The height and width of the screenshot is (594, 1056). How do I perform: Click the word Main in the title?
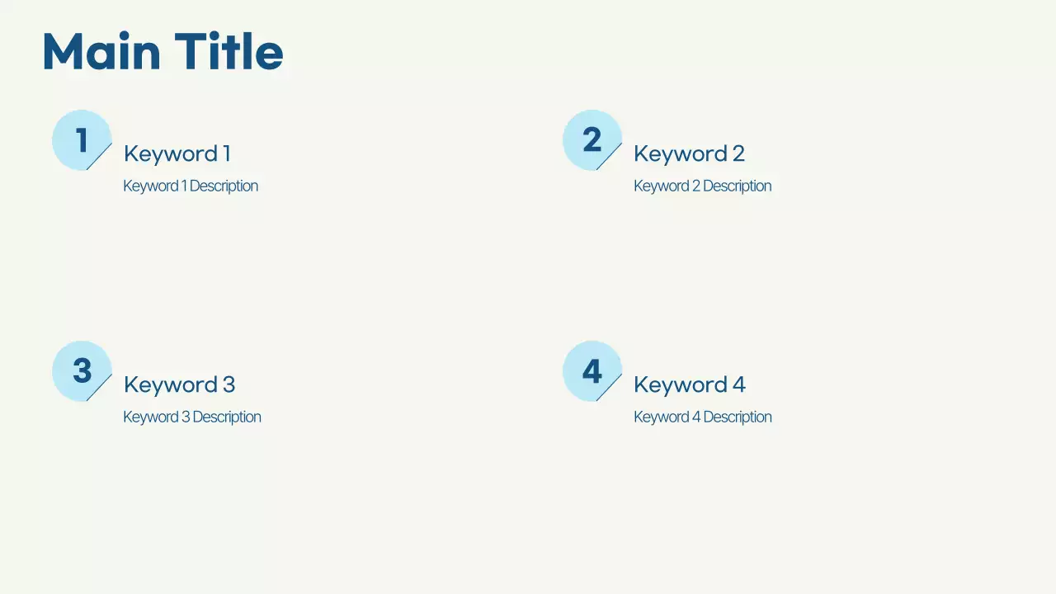[x=101, y=52]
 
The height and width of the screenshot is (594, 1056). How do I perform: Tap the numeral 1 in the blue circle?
[x=82, y=140]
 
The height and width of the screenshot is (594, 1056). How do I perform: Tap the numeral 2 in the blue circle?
[x=592, y=140]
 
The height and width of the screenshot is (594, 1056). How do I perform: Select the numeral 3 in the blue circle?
[x=82, y=371]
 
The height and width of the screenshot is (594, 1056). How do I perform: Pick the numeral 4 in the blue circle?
[x=592, y=371]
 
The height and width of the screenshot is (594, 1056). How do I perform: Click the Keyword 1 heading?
[x=177, y=154]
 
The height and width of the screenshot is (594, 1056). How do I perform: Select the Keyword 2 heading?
[x=689, y=154]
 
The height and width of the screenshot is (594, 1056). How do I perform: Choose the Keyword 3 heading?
[x=179, y=385]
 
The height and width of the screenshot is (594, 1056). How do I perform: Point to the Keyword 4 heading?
[x=689, y=385]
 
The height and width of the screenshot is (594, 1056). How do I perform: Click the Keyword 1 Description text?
[x=191, y=186]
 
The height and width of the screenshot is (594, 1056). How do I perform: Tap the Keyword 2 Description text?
[x=702, y=186]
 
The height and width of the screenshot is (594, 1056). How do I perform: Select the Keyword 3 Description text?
[x=191, y=417]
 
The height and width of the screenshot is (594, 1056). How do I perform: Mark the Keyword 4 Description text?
[x=702, y=417]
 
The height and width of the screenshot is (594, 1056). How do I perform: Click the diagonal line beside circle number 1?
[x=100, y=156]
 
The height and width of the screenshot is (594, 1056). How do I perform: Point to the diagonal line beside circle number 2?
[x=610, y=156]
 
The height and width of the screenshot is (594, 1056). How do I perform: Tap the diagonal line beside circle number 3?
[x=100, y=387]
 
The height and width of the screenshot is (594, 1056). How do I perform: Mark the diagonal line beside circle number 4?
[x=610, y=387]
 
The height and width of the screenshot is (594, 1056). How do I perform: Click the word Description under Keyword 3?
[x=227, y=417]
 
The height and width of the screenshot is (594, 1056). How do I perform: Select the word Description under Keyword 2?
[x=737, y=186]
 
